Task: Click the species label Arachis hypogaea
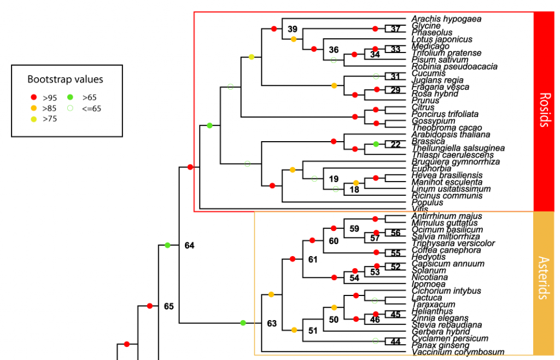(446, 19)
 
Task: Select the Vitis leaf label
(420, 209)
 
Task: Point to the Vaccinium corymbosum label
(458, 352)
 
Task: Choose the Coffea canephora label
(446, 250)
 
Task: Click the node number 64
(189, 246)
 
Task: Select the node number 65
(168, 306)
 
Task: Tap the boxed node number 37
(395, 29)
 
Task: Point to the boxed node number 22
(395, 144)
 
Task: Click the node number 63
(272, 323)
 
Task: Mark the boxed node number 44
(395, 342)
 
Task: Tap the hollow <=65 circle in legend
(71, 108)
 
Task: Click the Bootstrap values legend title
(65, 79)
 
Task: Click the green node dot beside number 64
(168, 245)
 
